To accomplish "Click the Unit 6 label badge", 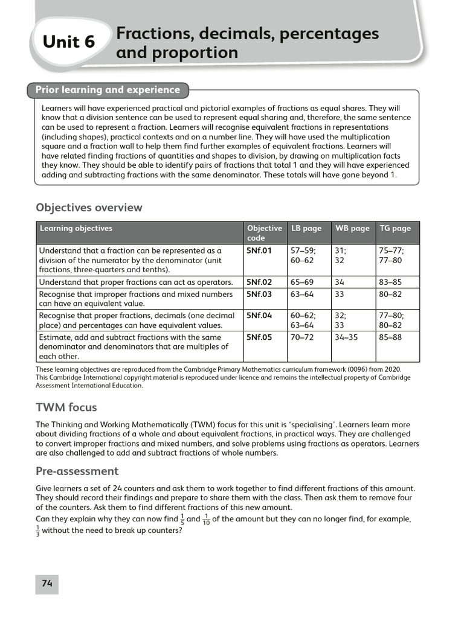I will (69, 42).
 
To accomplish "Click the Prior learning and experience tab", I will (108, 90).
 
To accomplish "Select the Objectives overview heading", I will (89, 208).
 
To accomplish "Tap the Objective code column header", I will (264, 233).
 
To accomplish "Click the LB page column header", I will (306, 228).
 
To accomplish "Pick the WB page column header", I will (352, 228).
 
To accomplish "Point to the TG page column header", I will (395, 228).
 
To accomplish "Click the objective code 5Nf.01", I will (259, 250).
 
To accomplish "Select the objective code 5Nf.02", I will (259, 282).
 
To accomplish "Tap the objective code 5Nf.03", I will (259, 294).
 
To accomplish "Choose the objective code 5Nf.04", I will (259, 315).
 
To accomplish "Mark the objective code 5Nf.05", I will (259, 337).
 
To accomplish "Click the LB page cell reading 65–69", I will (303, 282).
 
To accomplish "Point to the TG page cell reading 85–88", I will (390, 337).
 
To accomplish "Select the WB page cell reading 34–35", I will (346, 337).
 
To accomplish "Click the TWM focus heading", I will (66, 407).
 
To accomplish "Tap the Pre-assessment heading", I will (77, 471).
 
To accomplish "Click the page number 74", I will (47, 583).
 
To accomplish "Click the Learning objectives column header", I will (76, 228).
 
